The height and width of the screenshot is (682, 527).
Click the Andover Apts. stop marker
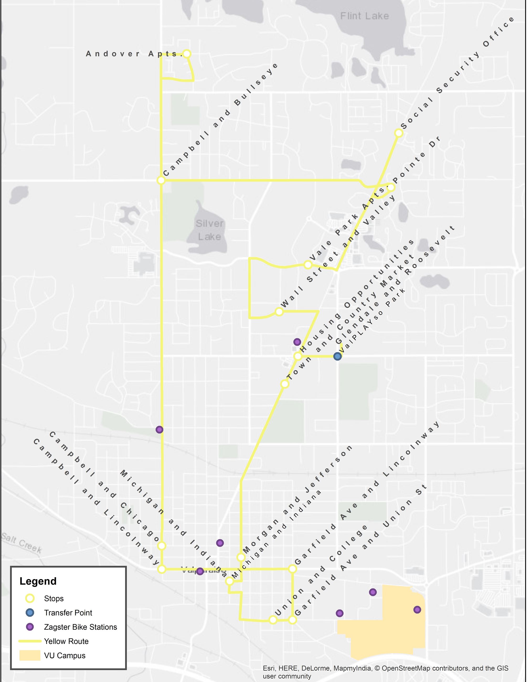pos(187,54)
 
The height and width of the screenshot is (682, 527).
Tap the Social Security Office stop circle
pos(399,133)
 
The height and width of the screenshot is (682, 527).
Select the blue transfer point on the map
pos(337,356)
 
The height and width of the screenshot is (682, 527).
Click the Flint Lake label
pos(365,16)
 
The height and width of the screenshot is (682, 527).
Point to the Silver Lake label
pos(210,230)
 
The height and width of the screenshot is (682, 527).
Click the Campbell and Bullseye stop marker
pos(161,180)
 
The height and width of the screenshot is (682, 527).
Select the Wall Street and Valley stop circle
pos(279,312)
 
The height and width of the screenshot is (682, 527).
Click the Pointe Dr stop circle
pos(391,187)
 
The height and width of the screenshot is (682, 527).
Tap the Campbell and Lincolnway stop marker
pos(161,569)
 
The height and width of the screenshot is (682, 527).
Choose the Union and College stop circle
pos(273,620)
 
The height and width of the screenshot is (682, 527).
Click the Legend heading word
pos(38,581)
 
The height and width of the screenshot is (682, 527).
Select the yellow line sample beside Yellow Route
pos(30,641)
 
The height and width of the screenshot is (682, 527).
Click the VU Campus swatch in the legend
pos(30,656)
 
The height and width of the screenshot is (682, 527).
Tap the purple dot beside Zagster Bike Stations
pos(30,627)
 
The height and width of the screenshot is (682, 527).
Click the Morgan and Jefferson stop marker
pos(241,557)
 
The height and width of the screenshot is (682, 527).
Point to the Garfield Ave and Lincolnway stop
pos(292,569)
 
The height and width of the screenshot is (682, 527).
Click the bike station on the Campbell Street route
pos(159,430)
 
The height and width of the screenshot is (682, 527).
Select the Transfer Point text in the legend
pos(68,613)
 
